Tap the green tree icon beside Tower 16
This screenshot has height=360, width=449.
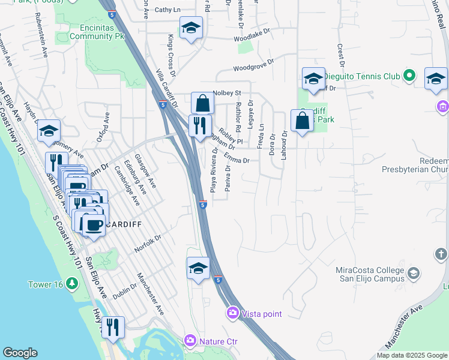tap(73, 283)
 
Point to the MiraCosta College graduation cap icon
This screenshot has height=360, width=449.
tap(413, 274)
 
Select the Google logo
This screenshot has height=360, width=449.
tap(20, 353)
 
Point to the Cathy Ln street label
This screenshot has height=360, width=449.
tap(167, 10)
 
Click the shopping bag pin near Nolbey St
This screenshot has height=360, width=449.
tap(203, 103)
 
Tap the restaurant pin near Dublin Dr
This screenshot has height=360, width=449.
tap(113, 327)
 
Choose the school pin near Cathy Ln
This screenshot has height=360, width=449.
tap(191, 28)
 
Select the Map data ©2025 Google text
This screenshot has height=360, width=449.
tap(411, 355)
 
